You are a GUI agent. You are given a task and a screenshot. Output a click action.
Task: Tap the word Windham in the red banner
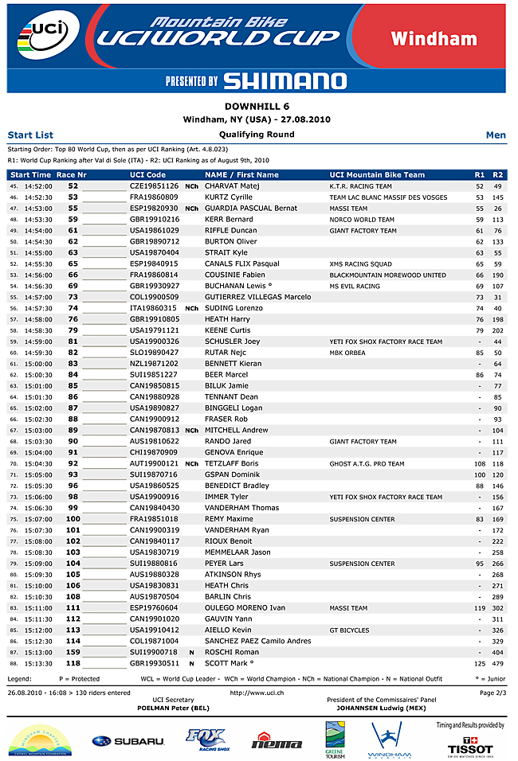click(445, 38)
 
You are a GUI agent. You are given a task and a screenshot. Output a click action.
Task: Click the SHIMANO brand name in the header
click(285, 81)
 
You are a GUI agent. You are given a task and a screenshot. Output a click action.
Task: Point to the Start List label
click(30, 135)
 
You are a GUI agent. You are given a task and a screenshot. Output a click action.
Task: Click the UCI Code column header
click(147, 174)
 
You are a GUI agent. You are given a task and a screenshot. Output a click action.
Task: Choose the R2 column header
click(498, 174)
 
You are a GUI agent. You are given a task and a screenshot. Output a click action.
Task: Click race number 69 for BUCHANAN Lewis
click(73, 286)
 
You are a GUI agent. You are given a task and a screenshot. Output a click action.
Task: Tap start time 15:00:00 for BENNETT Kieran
click(38, 364)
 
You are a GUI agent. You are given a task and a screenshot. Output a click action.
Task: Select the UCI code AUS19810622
click(155, 441)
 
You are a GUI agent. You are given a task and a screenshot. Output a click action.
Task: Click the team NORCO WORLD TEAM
click(362, 220)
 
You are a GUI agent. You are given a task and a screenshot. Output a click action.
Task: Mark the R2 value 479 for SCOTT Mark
click(498, 663)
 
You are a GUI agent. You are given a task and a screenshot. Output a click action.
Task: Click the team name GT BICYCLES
click(350, 630)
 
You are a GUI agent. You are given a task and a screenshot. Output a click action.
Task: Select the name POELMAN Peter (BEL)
click(173, 706)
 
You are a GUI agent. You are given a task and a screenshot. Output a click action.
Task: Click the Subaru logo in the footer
click(128, 741)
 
